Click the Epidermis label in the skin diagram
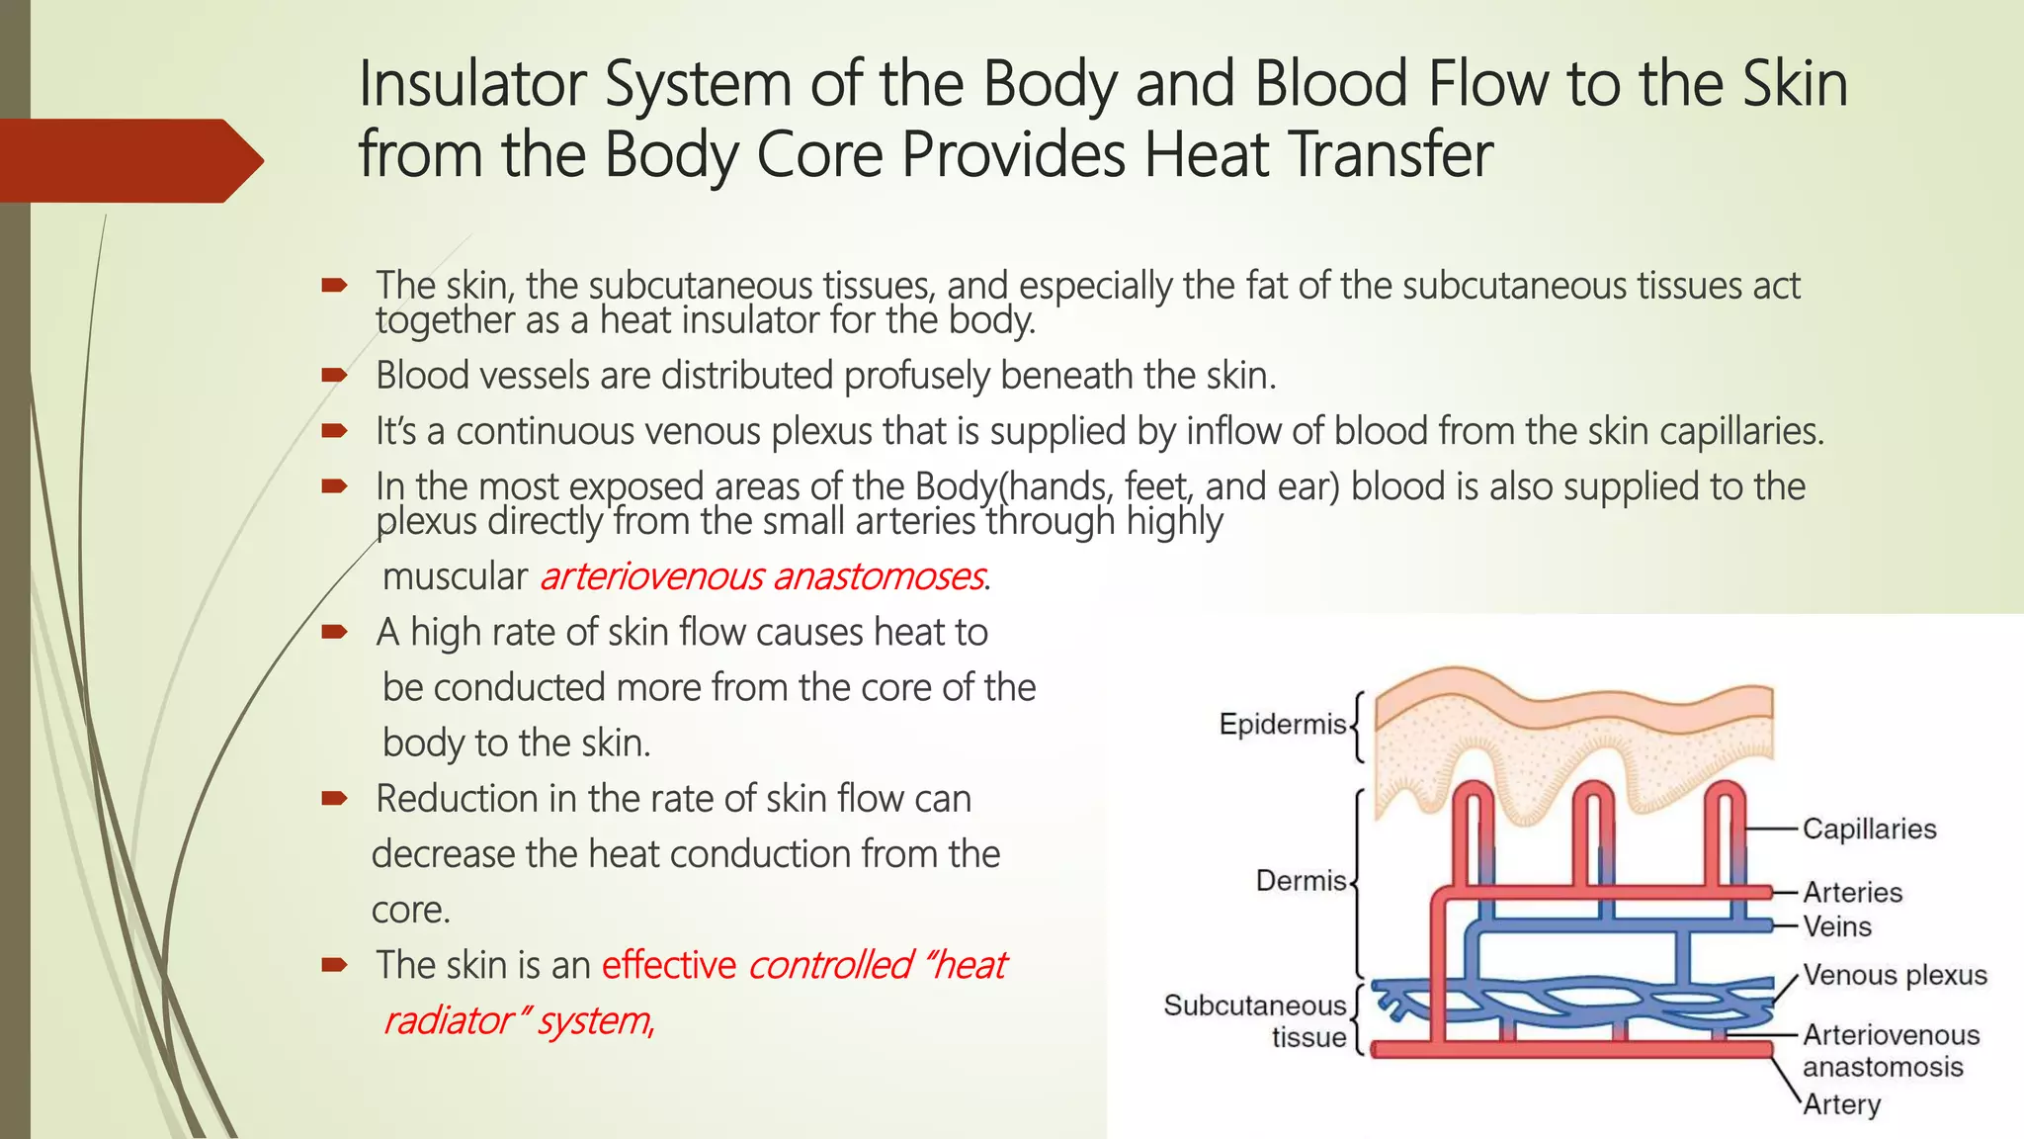pyautogui.click(x=1283, y=724)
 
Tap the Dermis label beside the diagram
pyautogui.click(x=1301, y=880)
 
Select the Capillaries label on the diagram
pyautogui.click(x=1869, y=829)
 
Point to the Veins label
pyautogui.click(x=1837, y=926)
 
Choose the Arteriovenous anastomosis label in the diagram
pyautogui.click(x=1891, y=1050)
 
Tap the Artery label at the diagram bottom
pyautogui.click(x=1841, y=1103)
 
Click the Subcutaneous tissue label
pyautogui.click(x=1255, y=1020)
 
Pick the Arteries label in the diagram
pyautogui.click(x=1852, y=892)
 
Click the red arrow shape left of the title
pyautogui.click(x=128, y=160)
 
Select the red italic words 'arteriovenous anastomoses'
pyautogui.click(x=762, y=576)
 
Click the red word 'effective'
pyautogui.click(x=669, y=965)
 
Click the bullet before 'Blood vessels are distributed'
pyautogui.click(x=334, y=376)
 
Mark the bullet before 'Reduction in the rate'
pyautogui.click(x=334, y=799)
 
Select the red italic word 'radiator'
pyautogui.click(x=447, y=1020)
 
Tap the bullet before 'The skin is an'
pyautogui.click(x=334, y=965)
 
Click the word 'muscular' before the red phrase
pyautogui.click(x=455, y=576)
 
